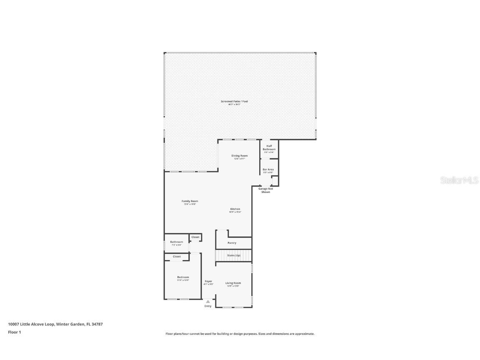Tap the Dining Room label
[x=240, y=156]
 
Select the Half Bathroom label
[x=269, y=147]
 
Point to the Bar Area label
[x=268, y=170]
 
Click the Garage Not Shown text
[x=265, y=190]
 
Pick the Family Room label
[x=190, y=201]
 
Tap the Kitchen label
[x=235, y=209]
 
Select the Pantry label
[x=232, y=243]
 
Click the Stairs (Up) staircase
[x=234, y=255]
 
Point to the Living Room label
[x=233, y=283]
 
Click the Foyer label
[x=208, y=282]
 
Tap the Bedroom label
[x=183, y=277]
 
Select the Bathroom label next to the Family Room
[x=176, y=242]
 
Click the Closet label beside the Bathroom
[x=195, y=237]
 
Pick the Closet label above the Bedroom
[x=177, y=257]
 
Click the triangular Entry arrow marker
[x=208, y=301]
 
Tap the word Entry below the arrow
[x=208, y=306]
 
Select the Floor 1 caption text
[x=14, y=332]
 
